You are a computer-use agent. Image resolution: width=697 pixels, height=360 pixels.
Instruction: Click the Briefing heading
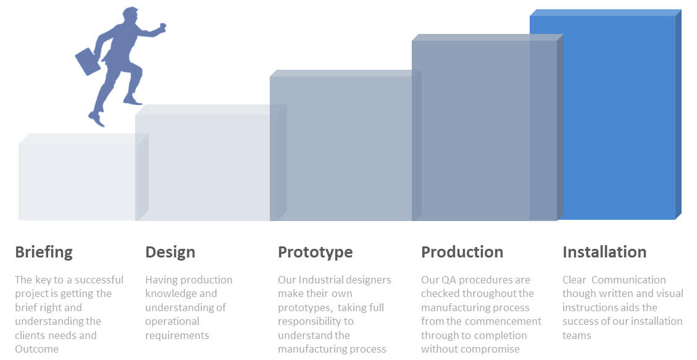[44, 252]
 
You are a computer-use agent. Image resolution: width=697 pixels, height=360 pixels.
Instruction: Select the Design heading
[170, 252]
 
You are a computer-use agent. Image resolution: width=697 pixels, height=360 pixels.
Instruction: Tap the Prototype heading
[315, 252]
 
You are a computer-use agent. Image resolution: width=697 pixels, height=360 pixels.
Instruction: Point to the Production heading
[462, 252]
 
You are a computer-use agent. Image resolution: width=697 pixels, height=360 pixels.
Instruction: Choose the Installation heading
[604, 252]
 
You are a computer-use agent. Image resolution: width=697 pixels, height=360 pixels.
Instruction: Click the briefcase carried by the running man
[88, 61]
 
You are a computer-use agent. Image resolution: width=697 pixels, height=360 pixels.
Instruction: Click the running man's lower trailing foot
[96, 119]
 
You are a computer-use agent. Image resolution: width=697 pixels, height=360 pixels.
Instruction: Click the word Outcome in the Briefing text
[36, 349]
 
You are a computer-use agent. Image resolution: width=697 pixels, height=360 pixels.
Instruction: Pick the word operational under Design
[172, 321]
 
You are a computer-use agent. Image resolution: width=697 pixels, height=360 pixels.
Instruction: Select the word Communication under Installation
[628, 280]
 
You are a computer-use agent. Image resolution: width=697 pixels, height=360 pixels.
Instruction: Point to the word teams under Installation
[577, 335]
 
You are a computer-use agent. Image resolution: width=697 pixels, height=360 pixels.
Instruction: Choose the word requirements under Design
[177, 335]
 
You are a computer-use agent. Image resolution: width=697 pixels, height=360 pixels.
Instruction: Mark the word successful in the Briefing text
[99, 280]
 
